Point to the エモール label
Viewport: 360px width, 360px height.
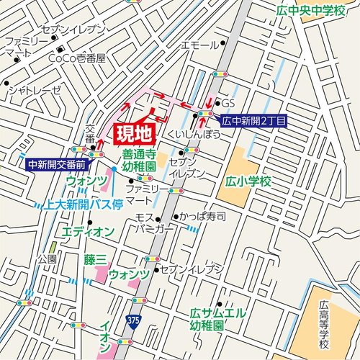(x=199, y=45)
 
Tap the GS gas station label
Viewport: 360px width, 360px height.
(x=230, y=103)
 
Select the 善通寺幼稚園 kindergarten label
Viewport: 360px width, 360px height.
(x=139, y=160)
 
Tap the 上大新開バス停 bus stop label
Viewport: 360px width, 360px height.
(x=81, y=204)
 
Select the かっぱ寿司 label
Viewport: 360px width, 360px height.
(x=202, y=216)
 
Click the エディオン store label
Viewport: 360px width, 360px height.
(x=88, y=231)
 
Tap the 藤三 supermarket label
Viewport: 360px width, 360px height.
(x=94, y=258)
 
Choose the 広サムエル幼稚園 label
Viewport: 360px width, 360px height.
(x=217, y=319)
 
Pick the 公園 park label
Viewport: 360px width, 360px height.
(x=47, y=258)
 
